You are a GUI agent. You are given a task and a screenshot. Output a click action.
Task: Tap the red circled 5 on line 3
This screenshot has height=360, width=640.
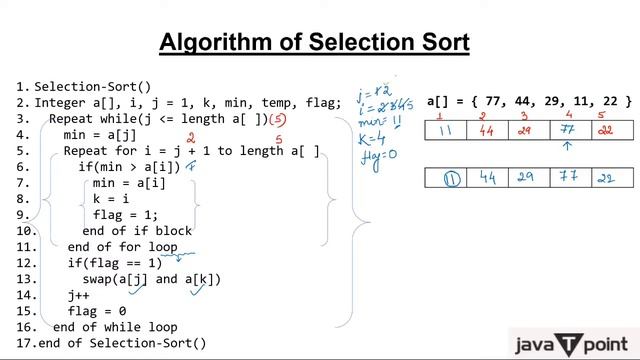click(x=284, y=118)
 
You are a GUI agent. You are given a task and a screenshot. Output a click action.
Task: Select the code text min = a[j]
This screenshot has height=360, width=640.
click(x=99, y=134)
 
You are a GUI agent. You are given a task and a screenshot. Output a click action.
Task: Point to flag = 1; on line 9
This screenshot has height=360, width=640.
click(x=125, y=214)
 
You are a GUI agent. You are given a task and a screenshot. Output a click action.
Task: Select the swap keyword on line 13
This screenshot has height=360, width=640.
click(x=99, y=279)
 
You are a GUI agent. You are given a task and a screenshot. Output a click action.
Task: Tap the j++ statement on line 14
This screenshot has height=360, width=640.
click(x=78, y=295)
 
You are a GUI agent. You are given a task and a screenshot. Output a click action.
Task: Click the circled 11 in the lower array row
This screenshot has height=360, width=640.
click(x=451, y=178)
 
